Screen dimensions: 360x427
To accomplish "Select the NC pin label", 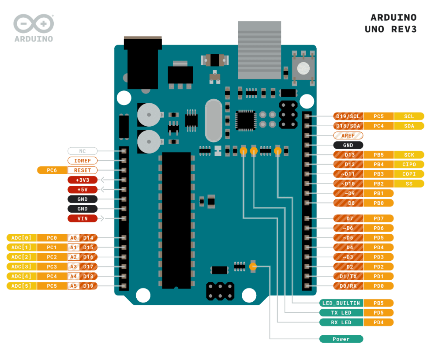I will click(x=82, y=151).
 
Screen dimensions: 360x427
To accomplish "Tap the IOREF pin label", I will click(x=82, y=161).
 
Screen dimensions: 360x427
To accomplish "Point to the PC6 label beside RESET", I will click(x=52, y=170).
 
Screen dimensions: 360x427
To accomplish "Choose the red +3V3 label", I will click(x=82, y=180).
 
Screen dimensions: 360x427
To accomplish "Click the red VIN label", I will click(x=82, y=218).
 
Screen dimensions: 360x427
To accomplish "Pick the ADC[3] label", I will click(x=22, y=266).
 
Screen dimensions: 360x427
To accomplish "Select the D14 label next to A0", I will click(x=88, y=238).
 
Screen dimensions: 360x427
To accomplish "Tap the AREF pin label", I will click(x=348, y=135).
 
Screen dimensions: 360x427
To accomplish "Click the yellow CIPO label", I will click(x=409, y=165).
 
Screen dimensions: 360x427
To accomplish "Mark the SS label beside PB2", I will click(x=409, y=184).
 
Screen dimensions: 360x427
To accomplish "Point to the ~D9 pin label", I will click(x=348, y=193).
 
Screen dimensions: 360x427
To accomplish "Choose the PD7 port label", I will click(x=378, y=218).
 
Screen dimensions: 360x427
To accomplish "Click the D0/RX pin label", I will click(x=348, y=286).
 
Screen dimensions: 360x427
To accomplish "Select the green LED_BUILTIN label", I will click(x=341, y=303).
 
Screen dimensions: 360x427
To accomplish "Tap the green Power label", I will click(x=341, y=339).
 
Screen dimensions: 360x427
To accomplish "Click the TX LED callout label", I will click(x=341, y=312).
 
